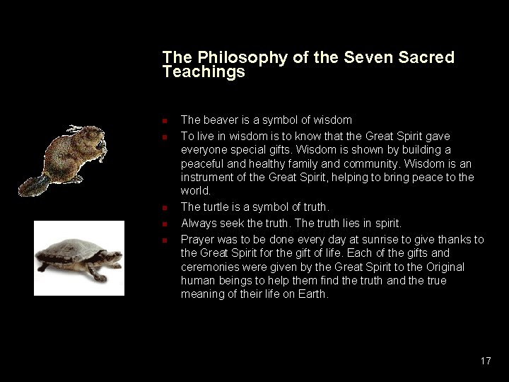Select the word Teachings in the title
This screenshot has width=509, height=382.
[204, 72]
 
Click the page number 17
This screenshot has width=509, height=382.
[486, 361]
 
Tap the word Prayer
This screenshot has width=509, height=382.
[197, 240]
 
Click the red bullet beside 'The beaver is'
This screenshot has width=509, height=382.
[163, 121]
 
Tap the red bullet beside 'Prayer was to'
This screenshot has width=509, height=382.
[163, 241]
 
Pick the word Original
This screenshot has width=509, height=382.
[442, 267]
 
